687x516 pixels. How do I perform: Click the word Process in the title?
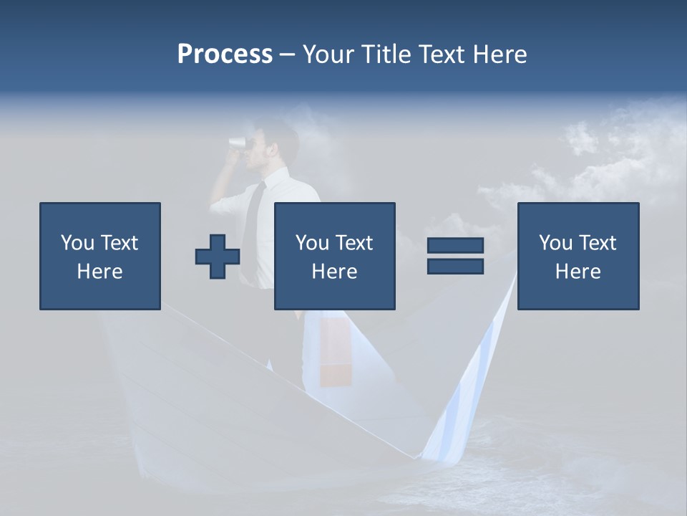(225, 54)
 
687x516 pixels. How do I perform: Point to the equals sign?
(455, 256)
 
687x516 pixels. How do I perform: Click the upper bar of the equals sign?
(455, 246)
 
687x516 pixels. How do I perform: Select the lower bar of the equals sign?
(455, 266)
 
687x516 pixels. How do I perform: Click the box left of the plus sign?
(100, 256)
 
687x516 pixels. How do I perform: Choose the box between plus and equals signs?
(334, 256)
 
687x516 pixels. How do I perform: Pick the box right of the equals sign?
(578, 256)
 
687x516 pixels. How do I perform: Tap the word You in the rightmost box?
(555, 243)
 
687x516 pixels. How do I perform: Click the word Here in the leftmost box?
(99, 272)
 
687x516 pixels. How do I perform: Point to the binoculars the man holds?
(237, 142)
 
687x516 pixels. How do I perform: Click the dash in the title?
(287, 54)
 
